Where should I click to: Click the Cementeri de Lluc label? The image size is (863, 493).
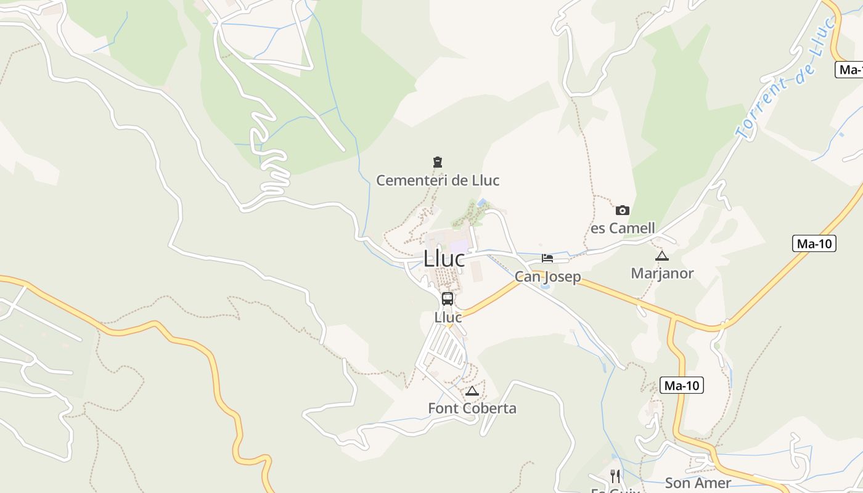[x=438, y=181]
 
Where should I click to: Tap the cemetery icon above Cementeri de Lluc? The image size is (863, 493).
[x=438, y=162]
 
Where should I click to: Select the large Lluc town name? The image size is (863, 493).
[x=444, y=259]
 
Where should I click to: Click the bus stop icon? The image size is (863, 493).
[x=448, y=299]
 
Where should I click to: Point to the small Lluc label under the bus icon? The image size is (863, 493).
[x=448, y=317]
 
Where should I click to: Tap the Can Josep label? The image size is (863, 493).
[x=547, y=276]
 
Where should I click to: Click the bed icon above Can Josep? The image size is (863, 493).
[x=547, y=258]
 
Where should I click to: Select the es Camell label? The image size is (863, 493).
[x=623, y=228]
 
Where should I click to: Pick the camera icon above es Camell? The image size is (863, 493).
[x=623, y=210]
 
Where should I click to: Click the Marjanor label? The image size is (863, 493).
[x=662, y=273]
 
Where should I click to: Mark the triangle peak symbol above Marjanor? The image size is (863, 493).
[x=662, y=256]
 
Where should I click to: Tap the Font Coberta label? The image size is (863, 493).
[x=472, y=408]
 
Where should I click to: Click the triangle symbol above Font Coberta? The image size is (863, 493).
[x=472, y=391]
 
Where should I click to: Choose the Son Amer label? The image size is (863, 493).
[x=698, y=483]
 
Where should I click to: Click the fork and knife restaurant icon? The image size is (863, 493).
[x=615, y=476]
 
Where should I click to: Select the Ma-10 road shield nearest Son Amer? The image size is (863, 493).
[x=681, y=386]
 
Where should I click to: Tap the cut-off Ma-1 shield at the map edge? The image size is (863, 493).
[x=849, y=70]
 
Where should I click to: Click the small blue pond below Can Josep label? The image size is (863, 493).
[x=546, y=287]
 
